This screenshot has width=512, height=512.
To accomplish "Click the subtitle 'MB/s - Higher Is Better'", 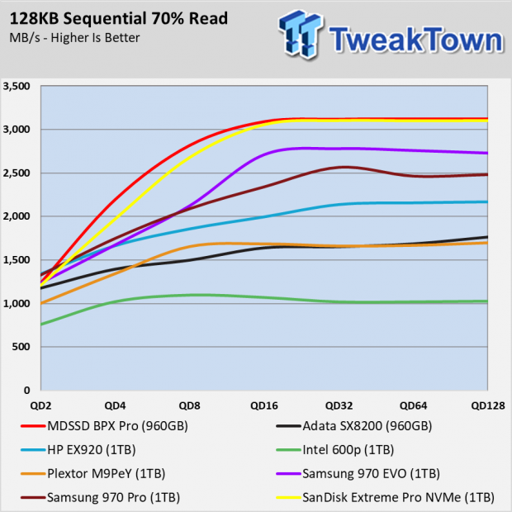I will tap(73, 38).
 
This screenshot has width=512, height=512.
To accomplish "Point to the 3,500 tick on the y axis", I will tap(17, 87).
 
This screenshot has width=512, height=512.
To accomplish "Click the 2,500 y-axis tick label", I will tap(17, 173).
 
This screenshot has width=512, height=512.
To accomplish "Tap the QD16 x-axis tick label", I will tap(264, 405).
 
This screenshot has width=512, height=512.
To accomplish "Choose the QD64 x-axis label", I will tap(412, 405).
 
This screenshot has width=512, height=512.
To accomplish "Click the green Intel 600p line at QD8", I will tap(190, 295).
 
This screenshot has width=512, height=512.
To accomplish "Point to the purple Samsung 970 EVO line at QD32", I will tap(339, 149).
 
